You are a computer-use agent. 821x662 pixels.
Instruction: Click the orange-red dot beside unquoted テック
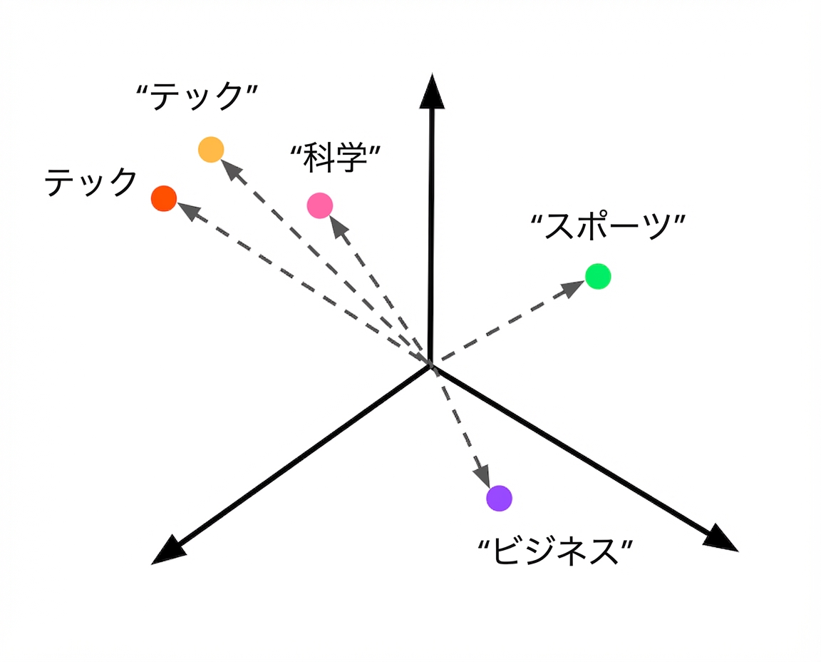(x=164, y=198)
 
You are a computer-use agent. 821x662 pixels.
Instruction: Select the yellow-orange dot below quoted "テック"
(x=211, y=149)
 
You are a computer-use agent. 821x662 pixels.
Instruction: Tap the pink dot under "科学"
(x=320, y=205)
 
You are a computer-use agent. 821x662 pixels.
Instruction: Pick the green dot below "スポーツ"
(x=598, y=276)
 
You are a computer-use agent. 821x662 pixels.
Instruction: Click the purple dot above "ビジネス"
(x=499, y=498)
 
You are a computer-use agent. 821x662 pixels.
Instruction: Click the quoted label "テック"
(x=197, y=96)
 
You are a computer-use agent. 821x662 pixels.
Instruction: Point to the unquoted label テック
(x=91, y=182)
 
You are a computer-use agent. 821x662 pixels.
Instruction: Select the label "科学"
(x=336, y=157)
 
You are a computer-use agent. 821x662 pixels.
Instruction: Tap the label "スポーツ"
(x=608, y=226)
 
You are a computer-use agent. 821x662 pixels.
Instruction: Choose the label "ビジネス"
(x=556, y=551)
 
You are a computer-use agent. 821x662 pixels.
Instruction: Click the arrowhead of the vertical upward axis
(x=432, y=91)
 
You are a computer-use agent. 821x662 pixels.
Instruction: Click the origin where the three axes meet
(x=430, y=365)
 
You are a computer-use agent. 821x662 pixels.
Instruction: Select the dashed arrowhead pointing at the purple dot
(x=482, y=476)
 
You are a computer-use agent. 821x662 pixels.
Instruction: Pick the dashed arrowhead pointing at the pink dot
(x=339, y=226)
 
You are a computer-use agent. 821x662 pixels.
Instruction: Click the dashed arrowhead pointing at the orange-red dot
(x=189, y=212)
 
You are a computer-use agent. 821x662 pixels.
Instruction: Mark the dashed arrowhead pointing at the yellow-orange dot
(x=232, y=170)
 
